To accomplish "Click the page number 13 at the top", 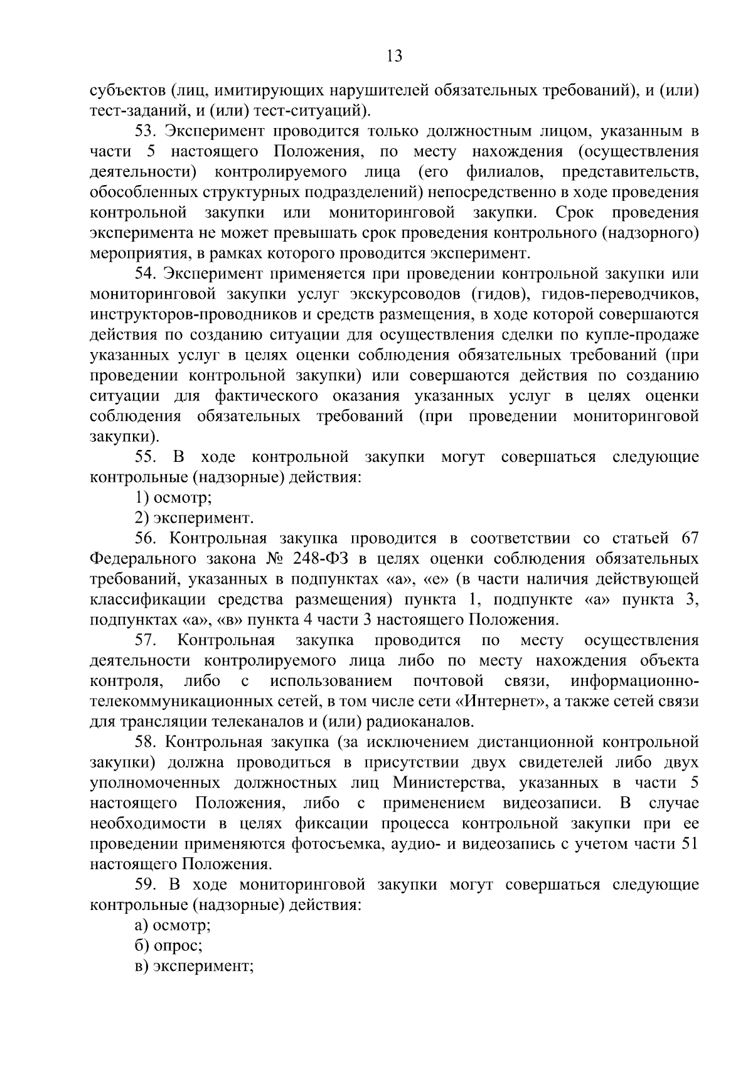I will click(x=394, y=56).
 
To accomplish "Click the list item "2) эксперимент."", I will click(x=194, y=518).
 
